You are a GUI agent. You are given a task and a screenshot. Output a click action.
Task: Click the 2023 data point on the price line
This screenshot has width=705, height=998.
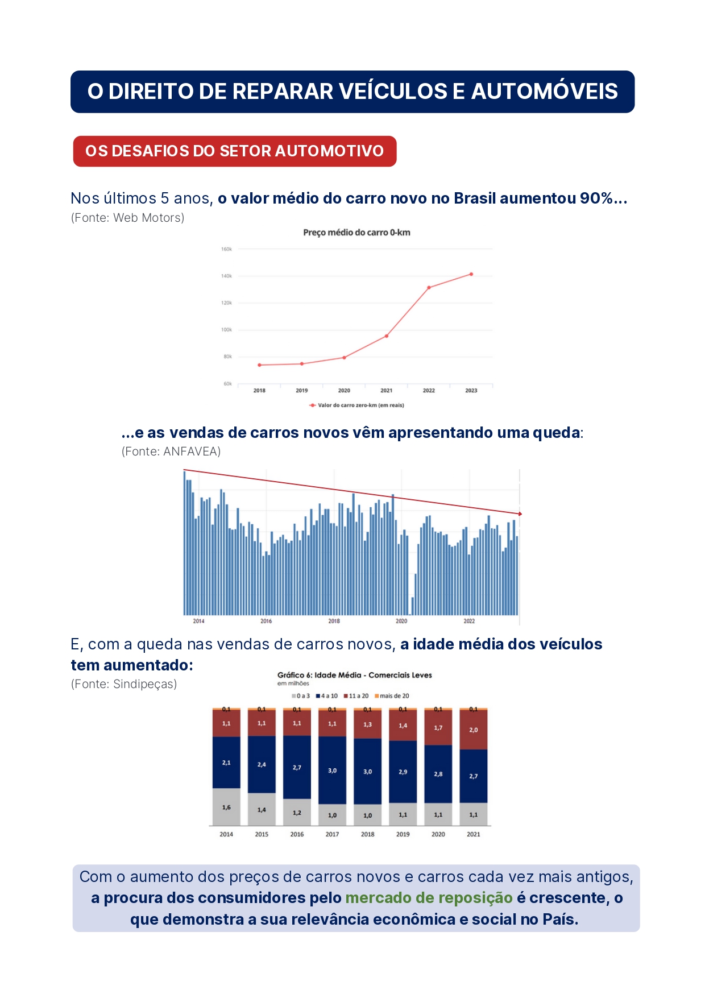click(471, 274)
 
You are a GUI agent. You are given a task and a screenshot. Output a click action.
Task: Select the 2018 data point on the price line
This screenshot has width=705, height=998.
click(259, 365)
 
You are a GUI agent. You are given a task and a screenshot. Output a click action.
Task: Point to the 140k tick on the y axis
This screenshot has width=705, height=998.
click(227, 276)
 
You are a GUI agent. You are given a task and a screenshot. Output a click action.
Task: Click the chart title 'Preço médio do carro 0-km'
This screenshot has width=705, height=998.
click(356, 233)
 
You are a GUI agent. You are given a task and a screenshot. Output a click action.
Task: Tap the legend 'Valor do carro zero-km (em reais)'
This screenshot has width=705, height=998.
click(360, 405)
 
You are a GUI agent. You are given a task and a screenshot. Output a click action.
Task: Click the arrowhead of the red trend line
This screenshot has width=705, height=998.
click(520, 514)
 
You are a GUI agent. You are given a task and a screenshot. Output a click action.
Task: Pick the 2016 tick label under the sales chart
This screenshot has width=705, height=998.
click(266, 621)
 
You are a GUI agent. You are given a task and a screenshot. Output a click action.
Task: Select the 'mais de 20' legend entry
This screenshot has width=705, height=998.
click(394, 696)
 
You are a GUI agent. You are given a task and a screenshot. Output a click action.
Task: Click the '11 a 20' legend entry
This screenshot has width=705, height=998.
click(358, 696)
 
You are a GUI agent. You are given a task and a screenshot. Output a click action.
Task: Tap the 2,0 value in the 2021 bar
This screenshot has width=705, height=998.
click(474, 730)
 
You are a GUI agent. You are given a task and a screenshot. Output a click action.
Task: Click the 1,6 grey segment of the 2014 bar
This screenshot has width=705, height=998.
click(226, 807)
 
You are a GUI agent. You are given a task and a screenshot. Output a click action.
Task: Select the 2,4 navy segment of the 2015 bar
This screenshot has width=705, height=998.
click(262, 765)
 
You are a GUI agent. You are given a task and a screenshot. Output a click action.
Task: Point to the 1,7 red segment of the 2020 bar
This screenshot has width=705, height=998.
click(438, 728)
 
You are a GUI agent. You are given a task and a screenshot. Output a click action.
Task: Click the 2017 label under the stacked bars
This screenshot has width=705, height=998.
click(332, 834)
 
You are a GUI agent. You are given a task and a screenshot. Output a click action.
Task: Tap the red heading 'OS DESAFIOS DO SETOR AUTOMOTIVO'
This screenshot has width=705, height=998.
click(234, 151)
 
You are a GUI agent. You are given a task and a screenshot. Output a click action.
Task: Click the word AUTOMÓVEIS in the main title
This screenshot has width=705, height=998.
click(544, 92)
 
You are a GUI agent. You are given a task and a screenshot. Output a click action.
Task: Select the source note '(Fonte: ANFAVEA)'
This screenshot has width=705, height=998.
click(171, 452)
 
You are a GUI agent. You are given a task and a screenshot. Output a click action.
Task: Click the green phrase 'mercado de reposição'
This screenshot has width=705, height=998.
click(429, 898)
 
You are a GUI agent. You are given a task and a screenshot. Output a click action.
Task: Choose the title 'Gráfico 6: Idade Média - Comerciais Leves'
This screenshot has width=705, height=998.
click(354, 676)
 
